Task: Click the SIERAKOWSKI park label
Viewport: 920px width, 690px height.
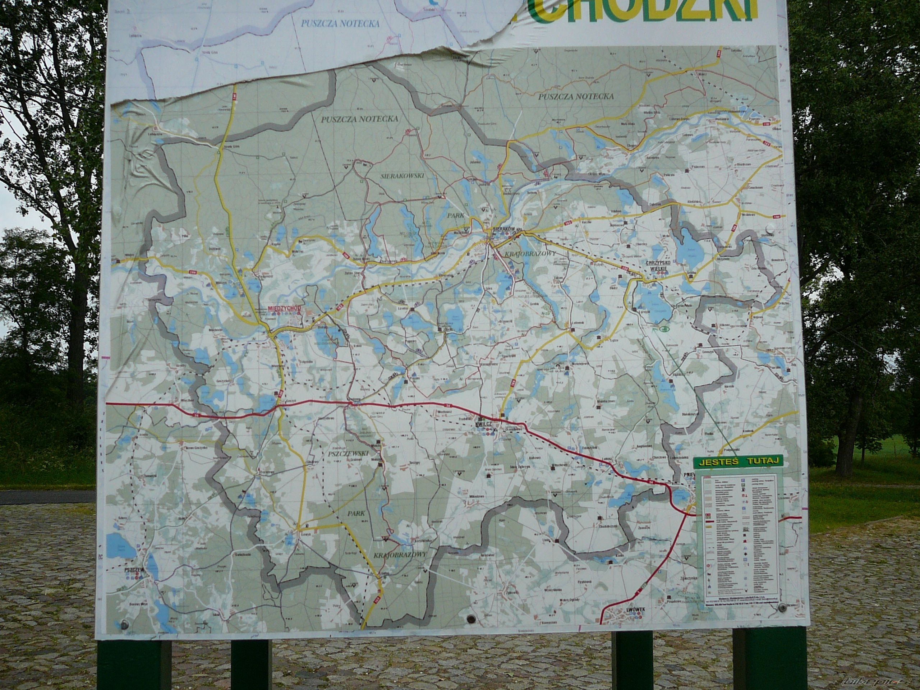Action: coord(402,176)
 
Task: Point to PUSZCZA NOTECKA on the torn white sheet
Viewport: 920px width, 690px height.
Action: coord(340,24)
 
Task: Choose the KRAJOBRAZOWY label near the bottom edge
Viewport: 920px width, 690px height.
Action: coord(399,555)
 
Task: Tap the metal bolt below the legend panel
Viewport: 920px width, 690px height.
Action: coord(782,608)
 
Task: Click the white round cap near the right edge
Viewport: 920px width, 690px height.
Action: coord(770,228)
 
